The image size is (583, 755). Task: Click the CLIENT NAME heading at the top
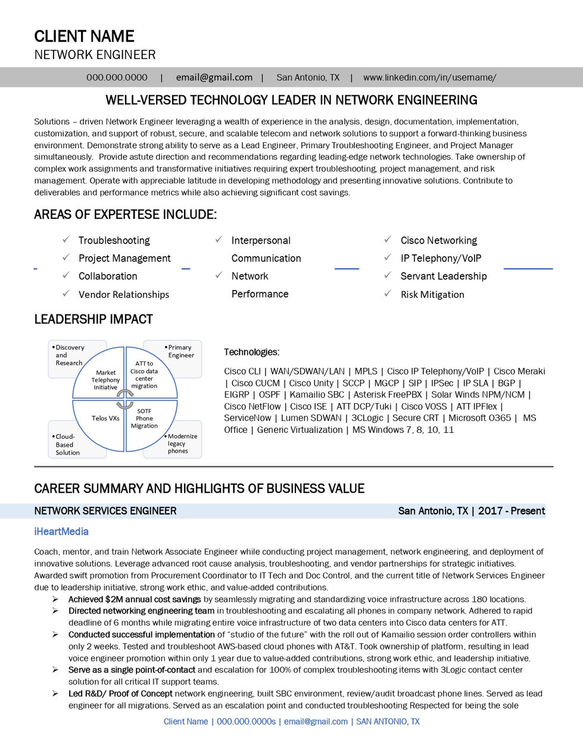tap(84, 36)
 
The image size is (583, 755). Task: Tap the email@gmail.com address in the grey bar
tap(214, 77)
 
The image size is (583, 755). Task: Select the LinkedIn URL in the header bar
tap(429, 77)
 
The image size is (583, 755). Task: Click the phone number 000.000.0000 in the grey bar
tap(117, 77)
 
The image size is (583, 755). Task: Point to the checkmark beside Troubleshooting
tap(66, 239)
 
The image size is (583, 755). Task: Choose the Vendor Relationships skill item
tap(123, 294)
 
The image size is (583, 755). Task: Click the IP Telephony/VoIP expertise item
tap(441, 258)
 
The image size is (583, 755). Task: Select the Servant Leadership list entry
tap(443, 276)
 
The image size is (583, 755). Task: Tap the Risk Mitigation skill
tap(432, 294)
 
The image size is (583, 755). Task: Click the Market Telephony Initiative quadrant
tap(105, 380)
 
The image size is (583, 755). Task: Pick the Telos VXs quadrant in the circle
tap(105, 418)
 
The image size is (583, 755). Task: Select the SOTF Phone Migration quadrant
tap(144, 419)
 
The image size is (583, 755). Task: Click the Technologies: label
tap(251, 352)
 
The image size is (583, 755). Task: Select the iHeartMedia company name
tap(61, 531)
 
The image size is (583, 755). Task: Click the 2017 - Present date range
tap(511, 511)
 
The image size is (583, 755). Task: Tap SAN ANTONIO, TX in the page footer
tap(388, 721)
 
